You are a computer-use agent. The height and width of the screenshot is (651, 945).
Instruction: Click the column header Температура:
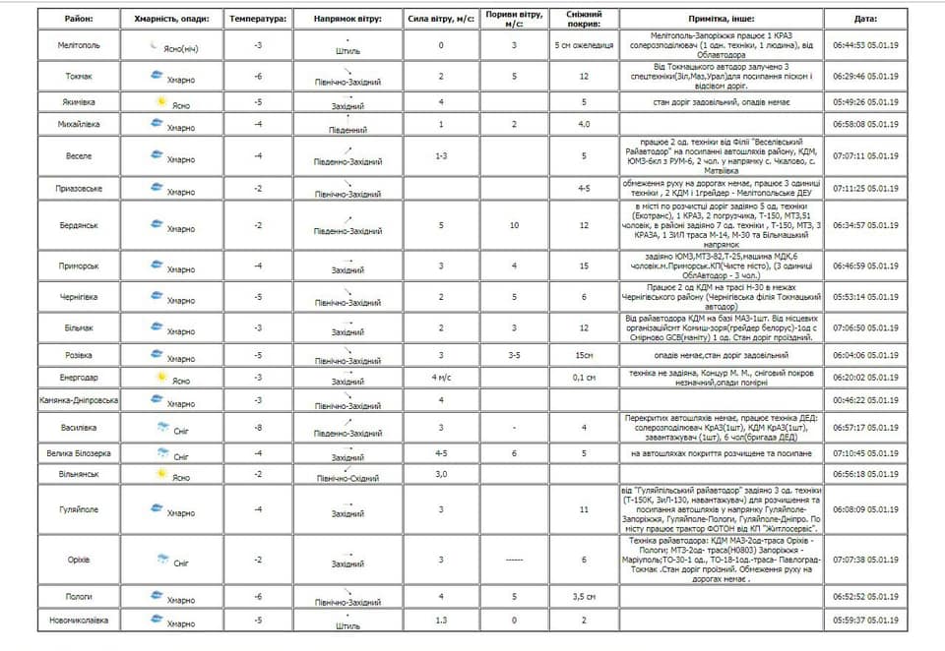coord(258,19)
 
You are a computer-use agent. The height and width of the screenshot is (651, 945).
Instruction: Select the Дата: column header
coord(865,19)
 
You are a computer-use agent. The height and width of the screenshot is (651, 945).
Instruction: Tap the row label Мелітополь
coord(79,45)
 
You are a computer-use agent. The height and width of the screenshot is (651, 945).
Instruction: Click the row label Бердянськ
coord(79,225)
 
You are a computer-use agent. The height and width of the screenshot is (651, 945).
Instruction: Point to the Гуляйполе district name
coord(79,509)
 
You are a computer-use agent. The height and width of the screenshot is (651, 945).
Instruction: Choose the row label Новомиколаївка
coord(79,620)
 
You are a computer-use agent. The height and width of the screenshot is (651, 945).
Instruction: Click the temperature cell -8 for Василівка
coord(258,427)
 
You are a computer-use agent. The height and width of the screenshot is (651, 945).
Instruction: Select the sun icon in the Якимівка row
coord(157,101)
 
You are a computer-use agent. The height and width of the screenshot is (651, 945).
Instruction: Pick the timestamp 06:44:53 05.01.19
coord(865,45)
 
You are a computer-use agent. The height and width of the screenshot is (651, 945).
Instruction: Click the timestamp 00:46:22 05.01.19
coord(865,400)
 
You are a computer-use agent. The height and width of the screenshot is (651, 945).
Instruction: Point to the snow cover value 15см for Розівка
coord(584,355)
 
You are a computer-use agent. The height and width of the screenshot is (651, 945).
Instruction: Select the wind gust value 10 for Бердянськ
coord(514,225)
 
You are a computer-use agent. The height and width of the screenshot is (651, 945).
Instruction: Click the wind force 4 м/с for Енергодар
coord(441,377)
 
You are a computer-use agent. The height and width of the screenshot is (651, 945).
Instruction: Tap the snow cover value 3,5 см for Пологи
coord(584,596)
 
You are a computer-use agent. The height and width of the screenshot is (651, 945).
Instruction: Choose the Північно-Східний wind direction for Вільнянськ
coord(347,479)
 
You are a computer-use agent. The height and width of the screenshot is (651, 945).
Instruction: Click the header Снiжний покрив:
coord(584,19)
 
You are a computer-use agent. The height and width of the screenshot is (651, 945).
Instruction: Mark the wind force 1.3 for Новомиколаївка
coord(441,620)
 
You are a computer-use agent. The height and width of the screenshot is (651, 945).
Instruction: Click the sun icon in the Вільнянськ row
coord(157,473)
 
